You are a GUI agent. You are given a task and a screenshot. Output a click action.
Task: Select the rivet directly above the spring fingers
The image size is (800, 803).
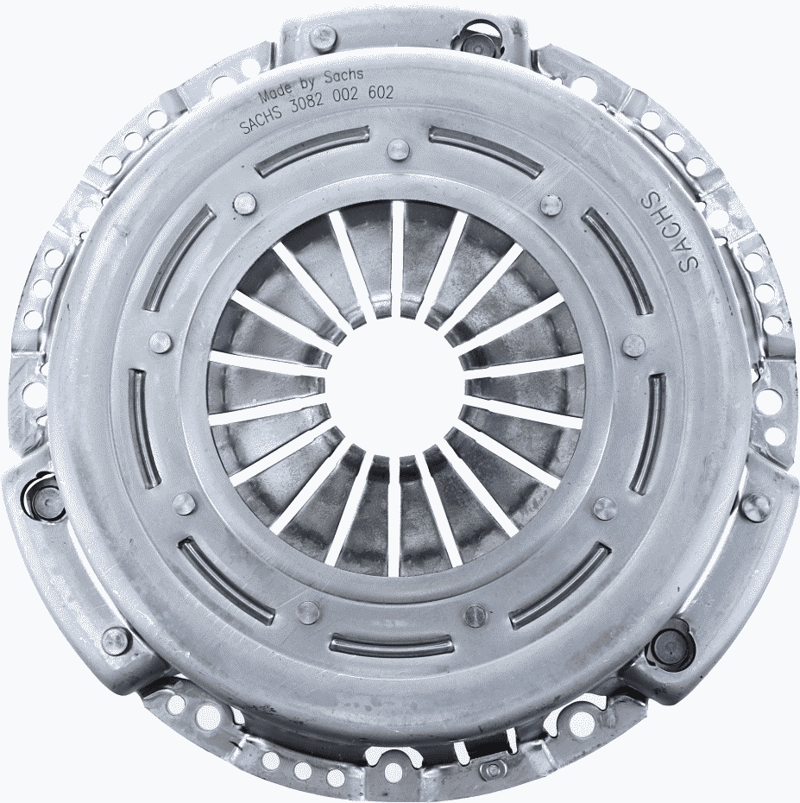396,149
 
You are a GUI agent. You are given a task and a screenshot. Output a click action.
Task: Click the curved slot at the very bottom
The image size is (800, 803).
392,644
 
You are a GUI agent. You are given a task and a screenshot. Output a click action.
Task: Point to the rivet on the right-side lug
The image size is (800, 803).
756,504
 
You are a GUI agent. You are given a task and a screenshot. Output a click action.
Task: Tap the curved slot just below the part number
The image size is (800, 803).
314,150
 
